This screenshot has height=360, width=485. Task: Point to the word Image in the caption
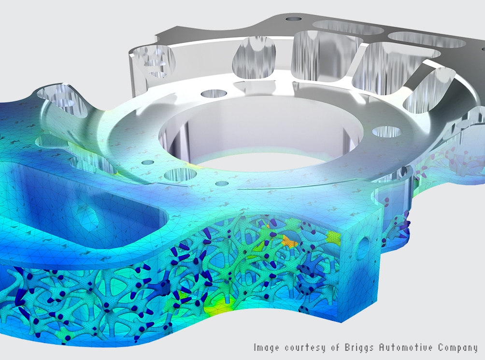tap(267, 347)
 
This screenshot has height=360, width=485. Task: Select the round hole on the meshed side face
tap(364, 244)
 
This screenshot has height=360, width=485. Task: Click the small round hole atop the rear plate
tap(293, 19)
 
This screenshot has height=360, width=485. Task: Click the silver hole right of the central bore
tap(387, 131)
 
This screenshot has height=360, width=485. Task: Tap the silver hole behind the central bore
tap(214, 94)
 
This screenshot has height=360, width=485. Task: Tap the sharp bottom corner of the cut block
tap(343, 321)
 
